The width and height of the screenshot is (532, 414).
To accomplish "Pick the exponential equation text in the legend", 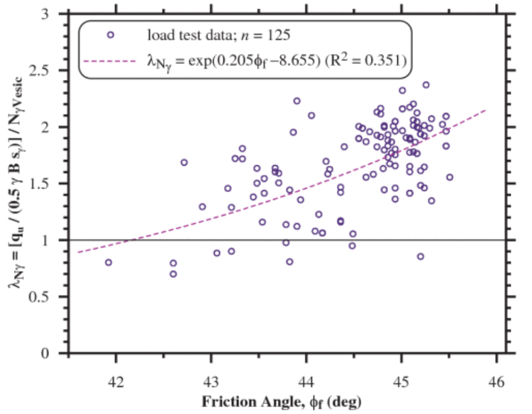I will coord(276,62).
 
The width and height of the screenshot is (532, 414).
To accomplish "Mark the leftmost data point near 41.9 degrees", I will coord(109,262).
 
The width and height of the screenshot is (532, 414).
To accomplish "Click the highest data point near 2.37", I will coord(426,85).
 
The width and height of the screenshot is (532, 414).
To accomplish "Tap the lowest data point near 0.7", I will coord(173,274).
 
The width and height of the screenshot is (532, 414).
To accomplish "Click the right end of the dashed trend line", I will coord(486,110).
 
